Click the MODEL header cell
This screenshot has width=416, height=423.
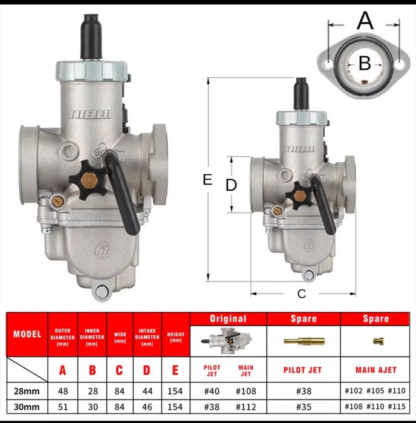click(x=27, y=334)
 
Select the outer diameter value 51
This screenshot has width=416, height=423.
click(x=63, y=407)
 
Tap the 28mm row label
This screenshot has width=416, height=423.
click(x=27, y=391)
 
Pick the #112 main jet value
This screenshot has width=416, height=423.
click(x=246, y=407)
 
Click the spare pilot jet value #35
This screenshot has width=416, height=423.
click(x=304, y=407)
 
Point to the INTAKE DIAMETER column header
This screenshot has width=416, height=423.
click(x=147, y=337)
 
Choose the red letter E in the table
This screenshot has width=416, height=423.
click(x=175, y=370)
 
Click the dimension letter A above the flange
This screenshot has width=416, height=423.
click(x=365, y=21)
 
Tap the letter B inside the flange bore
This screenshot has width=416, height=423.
click(x=365, y=64)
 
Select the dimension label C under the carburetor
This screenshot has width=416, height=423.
click(x=302, y=293)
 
